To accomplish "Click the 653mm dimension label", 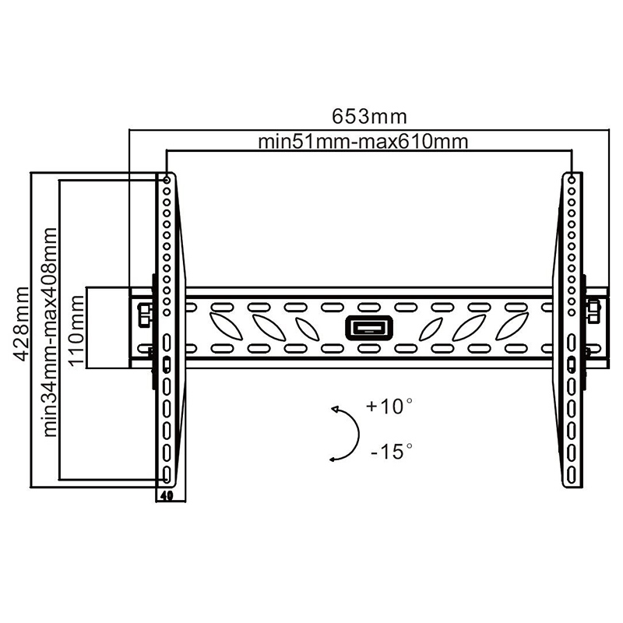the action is pos(369,117).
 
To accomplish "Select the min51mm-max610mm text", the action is pos(363,142).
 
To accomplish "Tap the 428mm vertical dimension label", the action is pos(20,324).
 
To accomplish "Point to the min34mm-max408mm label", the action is pos(49,333).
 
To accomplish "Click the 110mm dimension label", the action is pos(76,330).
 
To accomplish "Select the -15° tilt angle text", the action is pos(392,452).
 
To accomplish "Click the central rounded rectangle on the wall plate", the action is pos(369,328).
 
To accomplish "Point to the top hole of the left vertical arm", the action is pos(167,181).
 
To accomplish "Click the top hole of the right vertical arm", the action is pos(572,181).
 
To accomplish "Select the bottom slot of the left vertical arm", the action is pos(167,474).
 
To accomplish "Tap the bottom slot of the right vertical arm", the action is pos(572,474).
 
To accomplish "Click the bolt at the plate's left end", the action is pos(143,314).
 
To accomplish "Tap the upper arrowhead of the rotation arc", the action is pos(335,410).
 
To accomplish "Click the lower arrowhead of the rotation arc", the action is pos(333,459).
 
